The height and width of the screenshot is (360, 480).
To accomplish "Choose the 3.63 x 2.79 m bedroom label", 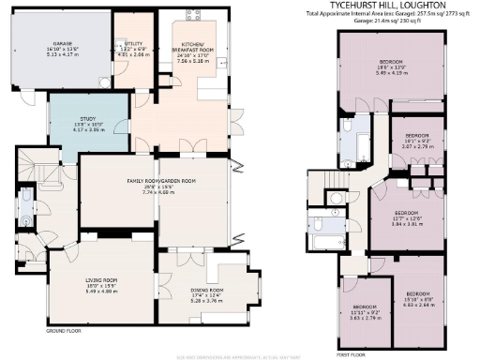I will (366, 312).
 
